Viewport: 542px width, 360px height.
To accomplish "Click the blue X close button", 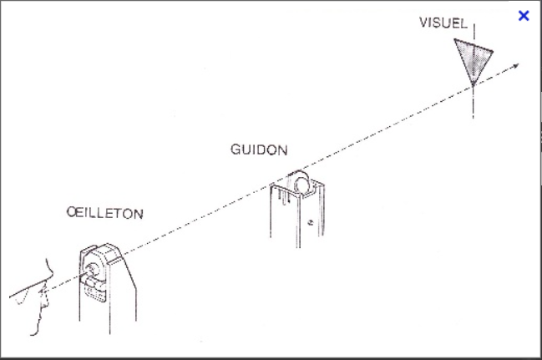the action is tap(524, 16).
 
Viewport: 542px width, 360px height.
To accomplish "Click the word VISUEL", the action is tap(443, 23).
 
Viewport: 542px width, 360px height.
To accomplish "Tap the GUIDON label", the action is tap(259, 150).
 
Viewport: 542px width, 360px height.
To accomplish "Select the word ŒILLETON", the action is tap(104, 214).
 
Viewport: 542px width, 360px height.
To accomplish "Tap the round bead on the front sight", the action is tap(299, 182).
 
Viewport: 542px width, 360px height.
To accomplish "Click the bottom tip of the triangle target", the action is tap(473, 84).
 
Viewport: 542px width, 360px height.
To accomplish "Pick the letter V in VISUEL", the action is tap(423, 23).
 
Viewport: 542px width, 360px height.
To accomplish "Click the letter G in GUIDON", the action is tap(235, 150).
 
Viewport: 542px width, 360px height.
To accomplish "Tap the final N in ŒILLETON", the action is tap(138, 214).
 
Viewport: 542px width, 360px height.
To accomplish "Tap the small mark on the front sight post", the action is tap(310, 223).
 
